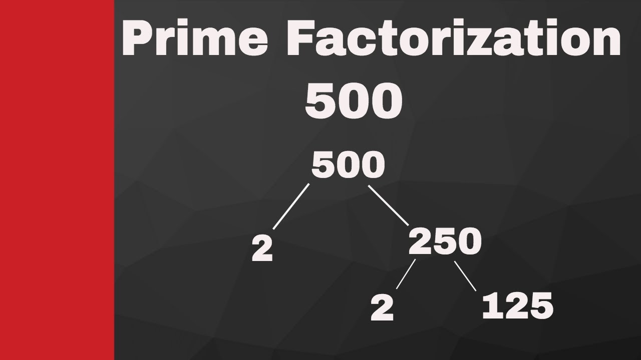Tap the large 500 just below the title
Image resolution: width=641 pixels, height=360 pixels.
[x=354, y=101]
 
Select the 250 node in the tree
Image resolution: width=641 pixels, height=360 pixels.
[x=445, y=242]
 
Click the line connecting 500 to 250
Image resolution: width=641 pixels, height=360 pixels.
[x=389, y=206]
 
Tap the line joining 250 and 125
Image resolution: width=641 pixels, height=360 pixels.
[x=465, y=276]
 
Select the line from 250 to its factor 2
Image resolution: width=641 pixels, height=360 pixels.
[x=406, y=274]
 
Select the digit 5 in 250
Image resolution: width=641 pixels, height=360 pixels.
[x=445, y=242]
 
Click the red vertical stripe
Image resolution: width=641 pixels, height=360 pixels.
[x=57, y=180]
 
